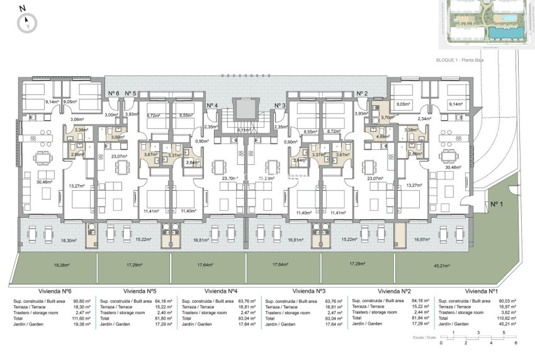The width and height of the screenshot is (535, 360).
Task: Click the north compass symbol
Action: click(x=27, y=23)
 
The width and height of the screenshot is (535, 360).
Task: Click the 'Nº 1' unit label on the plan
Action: click(x=498, y=203)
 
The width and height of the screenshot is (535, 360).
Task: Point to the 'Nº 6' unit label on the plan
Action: click(x=113, y=94)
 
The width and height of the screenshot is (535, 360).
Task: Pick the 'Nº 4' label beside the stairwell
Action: click(x=213, y=106)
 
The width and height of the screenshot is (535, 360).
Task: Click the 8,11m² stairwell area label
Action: click(x=244, y=130)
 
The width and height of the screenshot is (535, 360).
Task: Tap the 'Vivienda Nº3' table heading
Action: click(x=308, y=291)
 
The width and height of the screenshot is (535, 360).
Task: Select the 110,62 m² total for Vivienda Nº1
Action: click(x=506, y=318)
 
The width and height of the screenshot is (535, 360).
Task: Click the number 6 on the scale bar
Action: click(x=515, y=343)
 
